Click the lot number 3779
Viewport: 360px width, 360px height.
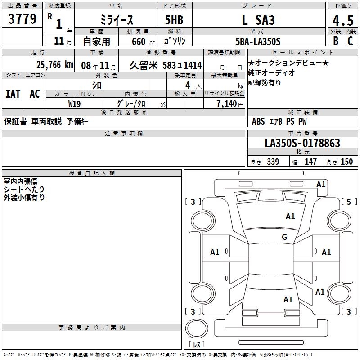click(x=22, y=19)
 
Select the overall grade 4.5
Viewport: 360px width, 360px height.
click(x=343, y=21)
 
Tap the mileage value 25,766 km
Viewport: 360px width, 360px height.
click(x=55, y=65)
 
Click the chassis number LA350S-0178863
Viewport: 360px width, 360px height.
click(x=302, y=143)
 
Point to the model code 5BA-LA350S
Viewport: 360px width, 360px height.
click(x=258, y=41)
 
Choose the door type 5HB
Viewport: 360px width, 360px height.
click(x=174, y=20)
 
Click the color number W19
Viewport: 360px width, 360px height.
click(x=74, y=104)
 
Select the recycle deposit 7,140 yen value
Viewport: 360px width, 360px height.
click(x=230, y=104)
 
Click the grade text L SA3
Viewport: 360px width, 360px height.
click(x=258, y=20)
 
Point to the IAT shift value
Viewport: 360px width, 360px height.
click(x=13, y=94)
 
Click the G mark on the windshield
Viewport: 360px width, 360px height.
click(x=284, y=237)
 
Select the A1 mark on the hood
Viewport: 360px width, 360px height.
click(x=290, y=216)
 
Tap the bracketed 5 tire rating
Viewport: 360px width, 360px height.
click(x=349, y=202)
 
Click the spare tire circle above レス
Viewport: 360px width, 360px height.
click(x=197, y=328)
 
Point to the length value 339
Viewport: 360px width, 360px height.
click(x=273, y=162)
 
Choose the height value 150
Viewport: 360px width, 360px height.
click(x=346, y=162)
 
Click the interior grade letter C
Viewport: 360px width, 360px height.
click(x=350, y=41)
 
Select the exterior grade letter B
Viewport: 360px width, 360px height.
click(x=336, y=41)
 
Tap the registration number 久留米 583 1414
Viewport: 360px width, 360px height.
click(x=166, y=66)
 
